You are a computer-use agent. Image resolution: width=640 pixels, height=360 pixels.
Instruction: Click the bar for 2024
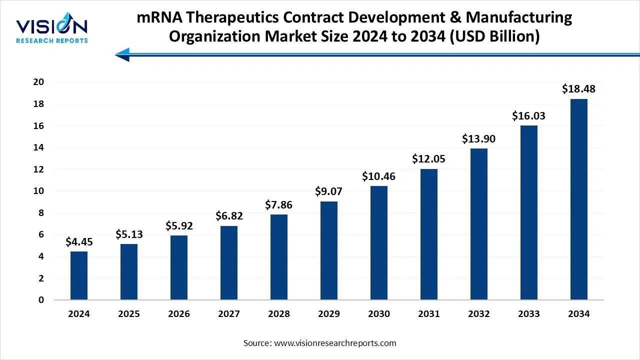(79, 275)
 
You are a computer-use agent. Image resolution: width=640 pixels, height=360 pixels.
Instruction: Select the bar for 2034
(579, 199)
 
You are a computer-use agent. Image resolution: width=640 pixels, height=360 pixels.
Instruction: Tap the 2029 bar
(329, 250)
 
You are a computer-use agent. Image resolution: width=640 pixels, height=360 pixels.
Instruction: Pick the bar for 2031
(429, 234)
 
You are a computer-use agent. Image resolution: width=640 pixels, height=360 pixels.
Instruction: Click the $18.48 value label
(578, 89)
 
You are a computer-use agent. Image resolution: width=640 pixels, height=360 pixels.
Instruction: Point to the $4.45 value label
(79, 242)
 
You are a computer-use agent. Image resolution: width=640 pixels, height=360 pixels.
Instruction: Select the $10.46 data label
(379, 176)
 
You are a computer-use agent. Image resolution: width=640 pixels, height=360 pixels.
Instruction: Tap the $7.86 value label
(279, 205)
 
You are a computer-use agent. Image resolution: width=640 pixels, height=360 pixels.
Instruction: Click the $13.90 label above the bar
(479, 139)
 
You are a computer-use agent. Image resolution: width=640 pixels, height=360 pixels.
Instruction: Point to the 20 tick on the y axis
(38, 82)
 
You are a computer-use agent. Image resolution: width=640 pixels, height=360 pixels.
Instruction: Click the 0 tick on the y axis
(41, 300)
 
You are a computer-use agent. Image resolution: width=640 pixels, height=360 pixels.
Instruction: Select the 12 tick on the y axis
(38, 169)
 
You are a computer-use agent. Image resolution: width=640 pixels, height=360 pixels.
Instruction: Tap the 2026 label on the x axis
(179, 314)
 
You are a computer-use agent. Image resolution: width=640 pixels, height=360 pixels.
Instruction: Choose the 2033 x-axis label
(529, 314)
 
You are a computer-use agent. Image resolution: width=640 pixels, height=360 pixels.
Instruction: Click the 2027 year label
(229, 314)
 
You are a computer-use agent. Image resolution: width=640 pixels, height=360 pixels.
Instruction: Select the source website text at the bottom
(319, 343)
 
